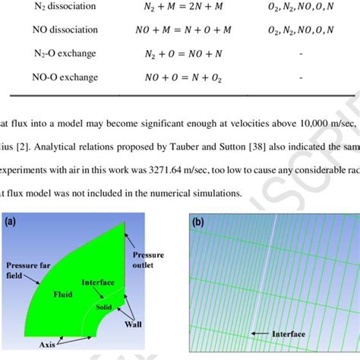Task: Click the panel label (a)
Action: point(13,223)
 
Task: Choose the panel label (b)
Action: point(199,223)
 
